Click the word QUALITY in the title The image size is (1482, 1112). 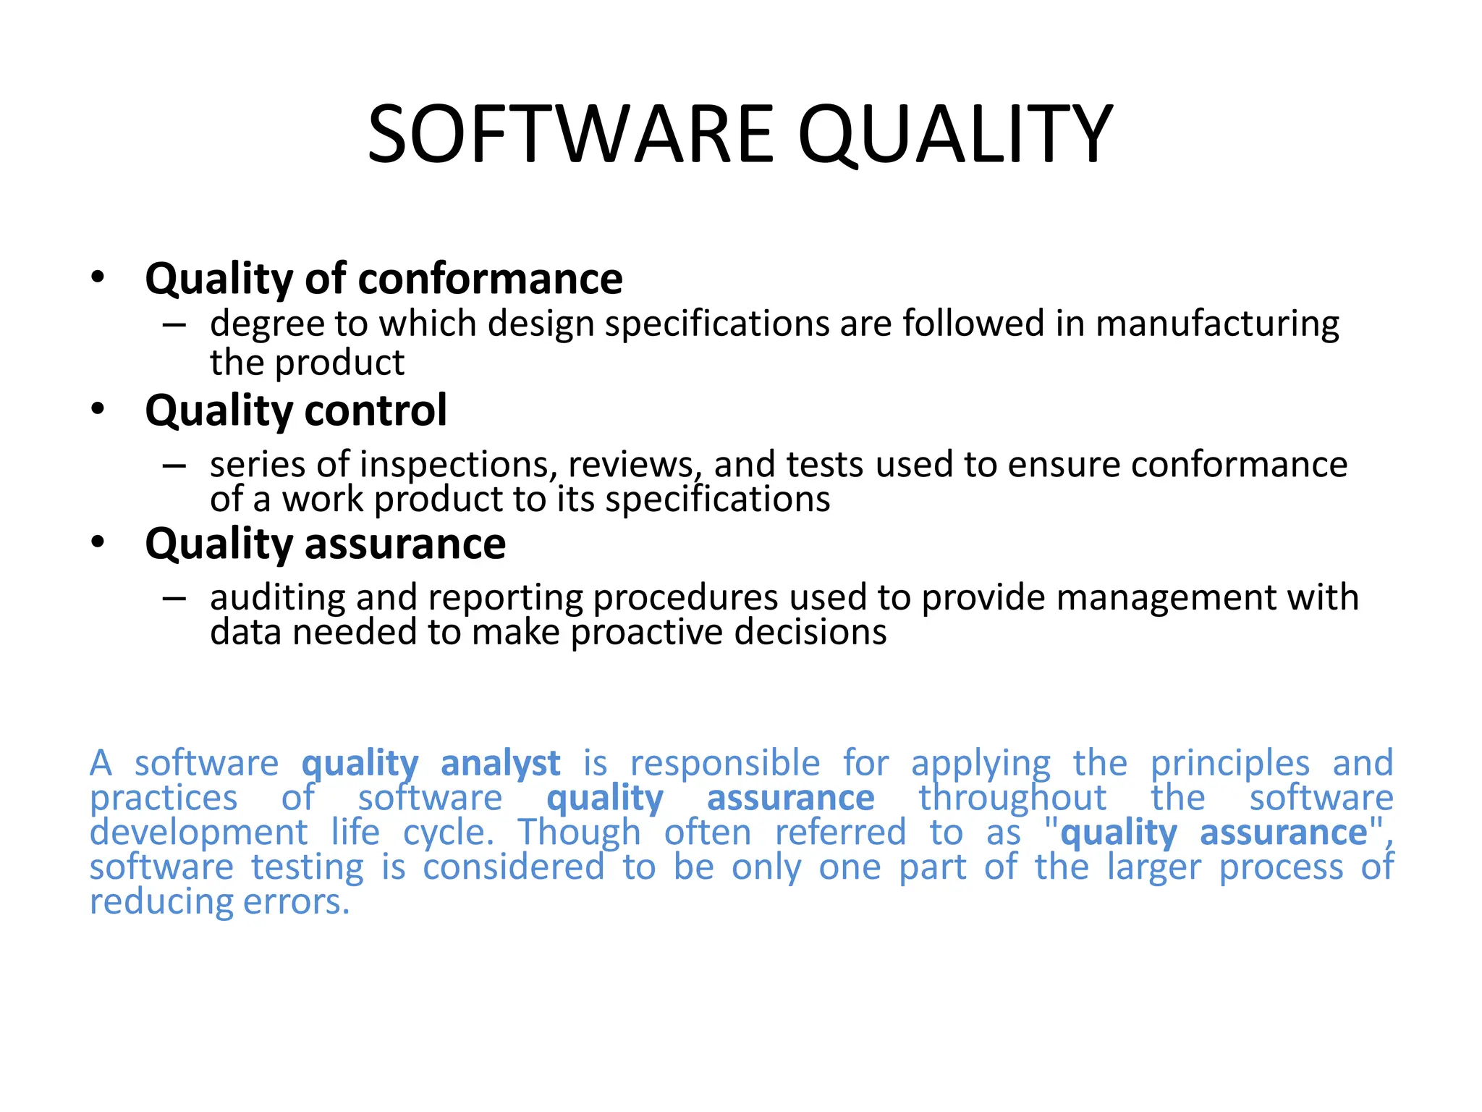coord(955,135)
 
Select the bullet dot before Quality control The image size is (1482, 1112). coord(98,409)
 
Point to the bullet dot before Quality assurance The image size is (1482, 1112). coord(98,542)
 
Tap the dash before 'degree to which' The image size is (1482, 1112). coord(174,324)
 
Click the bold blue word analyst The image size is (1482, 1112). coord(500,764)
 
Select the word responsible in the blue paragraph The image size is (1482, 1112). coord(725,764)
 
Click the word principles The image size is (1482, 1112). coord(1230,764)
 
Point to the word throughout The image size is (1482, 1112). coord(1012,799)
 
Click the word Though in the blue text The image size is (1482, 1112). coord(579,833)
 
